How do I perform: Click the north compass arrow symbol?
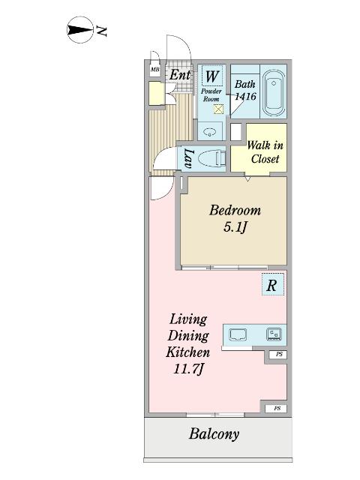coord(79,30)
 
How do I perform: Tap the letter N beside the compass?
coord(102,31)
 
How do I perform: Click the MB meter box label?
coord(155,70)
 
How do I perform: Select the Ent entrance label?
coord(180,75)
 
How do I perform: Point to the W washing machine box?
coord(211,76)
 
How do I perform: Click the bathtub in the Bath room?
coord(274,93)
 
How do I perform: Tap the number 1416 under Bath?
coord(245,97)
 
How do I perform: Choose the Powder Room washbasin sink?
coord(210,132)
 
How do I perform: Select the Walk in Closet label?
coord(265,152)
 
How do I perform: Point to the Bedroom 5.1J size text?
coord(235,227)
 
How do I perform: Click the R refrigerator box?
coord(273,284)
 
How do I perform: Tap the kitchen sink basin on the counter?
coord(238,334)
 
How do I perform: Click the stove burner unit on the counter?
coord(274,334)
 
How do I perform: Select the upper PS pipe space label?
coord(279,354)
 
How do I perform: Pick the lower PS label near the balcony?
coord(277,408)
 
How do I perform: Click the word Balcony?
coord(214,434)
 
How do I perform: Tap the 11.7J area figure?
coord(188,368)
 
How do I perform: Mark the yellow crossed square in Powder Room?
coord(218,109)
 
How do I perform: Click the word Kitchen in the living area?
coord(188,352)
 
